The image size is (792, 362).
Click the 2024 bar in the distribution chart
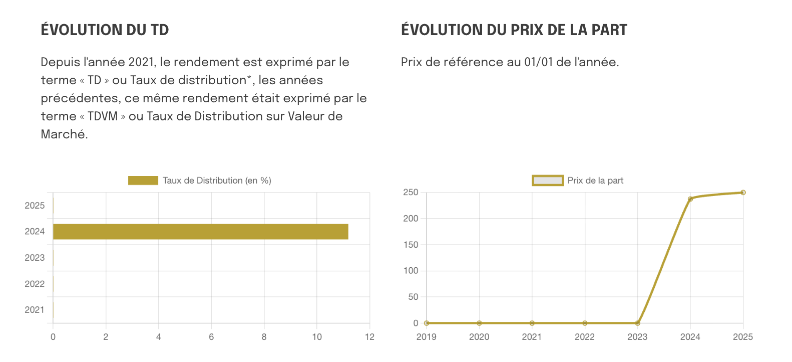[200, 232]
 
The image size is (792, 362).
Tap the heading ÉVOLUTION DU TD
[105, 30]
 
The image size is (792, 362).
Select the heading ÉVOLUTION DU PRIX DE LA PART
[514, 30]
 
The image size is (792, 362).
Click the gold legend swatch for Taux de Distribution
[143, 180]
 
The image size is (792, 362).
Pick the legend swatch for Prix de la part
[547, 180]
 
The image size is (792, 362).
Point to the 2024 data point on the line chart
[690, 199]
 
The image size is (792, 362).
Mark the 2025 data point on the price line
[743, 193]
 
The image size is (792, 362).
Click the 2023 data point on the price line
[637, 323]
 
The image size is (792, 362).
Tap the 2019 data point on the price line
[427, 323]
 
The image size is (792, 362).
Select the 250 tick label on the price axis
[411, 193]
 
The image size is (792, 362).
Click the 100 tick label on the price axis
[411, 271]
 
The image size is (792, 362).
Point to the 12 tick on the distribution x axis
[369, 337]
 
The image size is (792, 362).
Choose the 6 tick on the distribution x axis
[211, 337]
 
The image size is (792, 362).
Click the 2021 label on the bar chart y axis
[35, 310]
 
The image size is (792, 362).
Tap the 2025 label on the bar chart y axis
[35, 206]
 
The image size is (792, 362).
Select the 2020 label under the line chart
[479, 337]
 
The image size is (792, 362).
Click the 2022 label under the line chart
[585, 337]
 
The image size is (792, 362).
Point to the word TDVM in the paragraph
[103, 116]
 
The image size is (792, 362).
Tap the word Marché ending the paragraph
[64, 134]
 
